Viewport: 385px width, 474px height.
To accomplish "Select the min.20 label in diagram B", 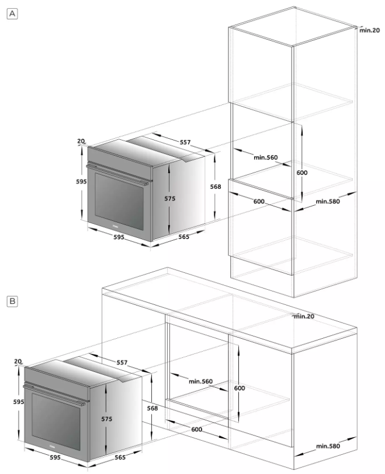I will tap(304, 316).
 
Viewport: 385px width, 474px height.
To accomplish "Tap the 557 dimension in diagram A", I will tap(185, 142).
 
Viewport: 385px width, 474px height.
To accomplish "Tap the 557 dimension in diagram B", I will tap(122, 363).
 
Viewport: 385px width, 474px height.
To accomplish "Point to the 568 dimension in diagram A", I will tap(216, 187).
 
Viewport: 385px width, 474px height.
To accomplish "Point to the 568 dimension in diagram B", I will tap(152, 409).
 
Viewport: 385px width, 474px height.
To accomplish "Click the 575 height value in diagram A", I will tap(169, 198).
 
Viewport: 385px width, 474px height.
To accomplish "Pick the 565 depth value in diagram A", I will tap(184, 237).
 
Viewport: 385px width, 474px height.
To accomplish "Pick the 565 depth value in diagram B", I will tap(120, 458).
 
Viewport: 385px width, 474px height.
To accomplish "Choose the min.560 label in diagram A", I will tap(265, 157).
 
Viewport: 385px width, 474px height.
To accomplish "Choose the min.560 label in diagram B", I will tap(201, 381).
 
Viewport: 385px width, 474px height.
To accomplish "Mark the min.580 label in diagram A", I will tap(328, 201).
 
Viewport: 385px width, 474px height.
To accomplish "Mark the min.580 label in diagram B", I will tap(328, 446).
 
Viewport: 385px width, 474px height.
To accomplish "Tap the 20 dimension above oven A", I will tap(80, 141).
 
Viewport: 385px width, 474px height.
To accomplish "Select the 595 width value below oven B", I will tap(55, 458).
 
